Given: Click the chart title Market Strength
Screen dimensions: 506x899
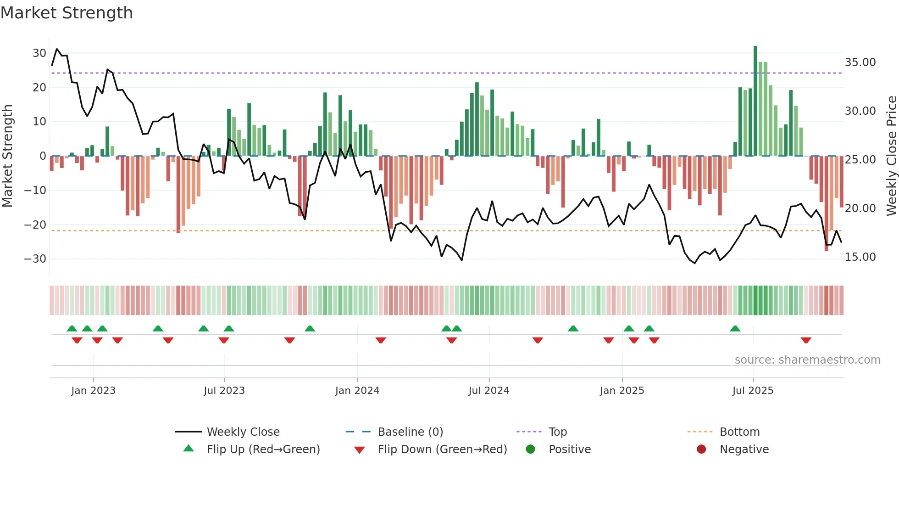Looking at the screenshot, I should click(67, 13).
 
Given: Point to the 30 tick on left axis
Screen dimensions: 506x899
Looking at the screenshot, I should click(39, 53).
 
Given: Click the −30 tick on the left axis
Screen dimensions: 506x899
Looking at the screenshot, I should click(35, 259).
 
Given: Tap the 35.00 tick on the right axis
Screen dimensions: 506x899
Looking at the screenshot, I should click(860, 62).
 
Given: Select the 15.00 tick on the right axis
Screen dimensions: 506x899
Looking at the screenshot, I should click(860, 257).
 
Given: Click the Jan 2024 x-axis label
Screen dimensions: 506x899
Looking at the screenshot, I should click(357, 391).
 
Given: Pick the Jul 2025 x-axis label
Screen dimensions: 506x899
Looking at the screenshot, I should click(752, 391).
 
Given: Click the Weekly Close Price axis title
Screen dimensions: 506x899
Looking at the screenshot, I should click(891, 156).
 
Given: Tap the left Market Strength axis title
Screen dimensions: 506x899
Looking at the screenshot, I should click(8, 156).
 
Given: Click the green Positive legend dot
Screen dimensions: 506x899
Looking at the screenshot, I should click(530, 450).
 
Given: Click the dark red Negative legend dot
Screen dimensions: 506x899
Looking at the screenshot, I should click(701, 450).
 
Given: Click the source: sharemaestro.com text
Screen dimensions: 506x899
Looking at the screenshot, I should click(807, 360).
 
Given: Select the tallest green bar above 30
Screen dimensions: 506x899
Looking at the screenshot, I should click(755, 101).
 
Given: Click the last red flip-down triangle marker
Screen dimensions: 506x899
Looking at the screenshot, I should click(806, 340).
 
